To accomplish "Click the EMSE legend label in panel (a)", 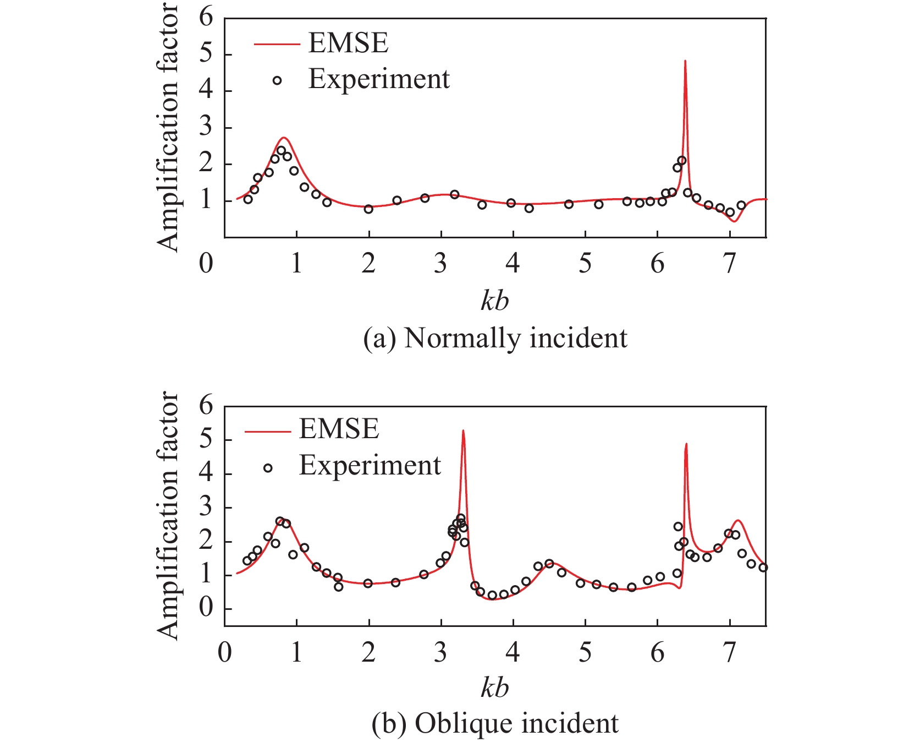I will coord(348,43).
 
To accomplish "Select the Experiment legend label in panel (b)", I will coord(370,466).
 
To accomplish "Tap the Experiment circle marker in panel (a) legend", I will coord(277,80).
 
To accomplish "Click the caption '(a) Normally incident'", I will coord(495,338).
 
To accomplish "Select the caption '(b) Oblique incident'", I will coord(495,723).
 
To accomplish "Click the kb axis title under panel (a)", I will coord(494,301).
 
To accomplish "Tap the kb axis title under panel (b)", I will coord(494,688).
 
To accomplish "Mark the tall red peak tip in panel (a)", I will coord(685,61).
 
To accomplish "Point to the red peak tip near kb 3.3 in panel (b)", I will coord(463,431).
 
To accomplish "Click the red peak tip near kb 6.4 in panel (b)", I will coord(686,444).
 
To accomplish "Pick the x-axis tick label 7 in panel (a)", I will coord(729,264).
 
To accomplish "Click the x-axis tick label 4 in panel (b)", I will coord(513,652).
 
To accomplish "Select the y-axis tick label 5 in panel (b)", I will coord(206,440).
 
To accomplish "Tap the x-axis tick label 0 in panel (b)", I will coord(224,652).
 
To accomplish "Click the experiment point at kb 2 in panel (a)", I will coord(368,209).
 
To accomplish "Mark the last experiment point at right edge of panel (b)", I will coord(763,568).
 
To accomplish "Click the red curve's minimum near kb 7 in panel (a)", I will coord(734,221).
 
